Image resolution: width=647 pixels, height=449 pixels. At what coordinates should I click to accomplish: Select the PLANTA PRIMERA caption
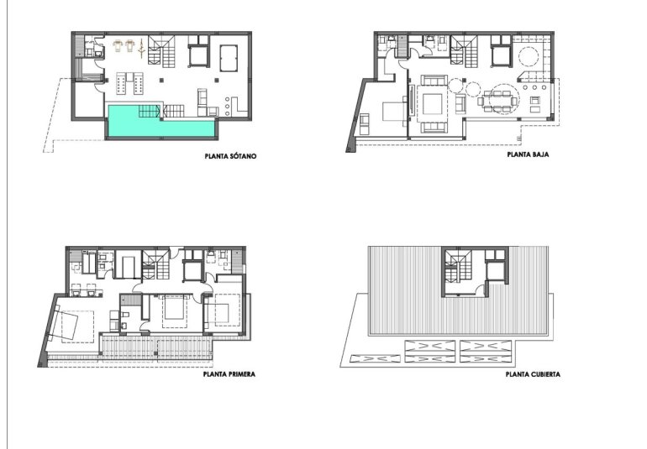tap(229, 375)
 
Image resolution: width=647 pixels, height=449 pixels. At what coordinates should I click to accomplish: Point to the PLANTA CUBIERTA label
tap(533, 375)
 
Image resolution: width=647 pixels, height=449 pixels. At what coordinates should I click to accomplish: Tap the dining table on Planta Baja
tap(498, 101)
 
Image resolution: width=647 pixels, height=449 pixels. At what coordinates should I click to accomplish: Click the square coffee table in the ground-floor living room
tap(434, 104)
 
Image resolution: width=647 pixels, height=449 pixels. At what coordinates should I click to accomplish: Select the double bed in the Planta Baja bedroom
tap(393, 112)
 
